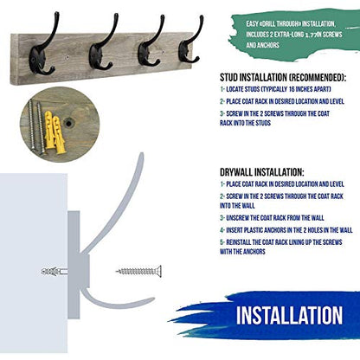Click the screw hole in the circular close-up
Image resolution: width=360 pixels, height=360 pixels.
click(x=68, y=124)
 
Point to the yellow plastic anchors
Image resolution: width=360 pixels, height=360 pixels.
click(x=55, y=132)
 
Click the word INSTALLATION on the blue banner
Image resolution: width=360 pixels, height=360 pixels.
click(x=289, y=315)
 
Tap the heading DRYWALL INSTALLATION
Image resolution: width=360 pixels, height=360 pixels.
click(x=262, y=172)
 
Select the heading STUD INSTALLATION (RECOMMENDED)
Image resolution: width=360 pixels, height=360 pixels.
click(x=283, y=77)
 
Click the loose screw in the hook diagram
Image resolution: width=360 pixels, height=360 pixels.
click(x=138, y=271)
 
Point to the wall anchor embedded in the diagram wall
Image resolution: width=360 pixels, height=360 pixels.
click(x=55, y=272)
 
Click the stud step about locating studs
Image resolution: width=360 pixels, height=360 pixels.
click(x=275, y=89)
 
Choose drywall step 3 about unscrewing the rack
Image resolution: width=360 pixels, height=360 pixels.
click(x=272, y=218)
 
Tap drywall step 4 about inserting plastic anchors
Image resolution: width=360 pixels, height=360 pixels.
click(x=286, y=230)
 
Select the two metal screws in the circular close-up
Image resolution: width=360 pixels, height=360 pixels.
click(x=36, y=126)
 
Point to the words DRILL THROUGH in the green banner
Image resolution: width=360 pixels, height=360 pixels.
click(x=280, y=24)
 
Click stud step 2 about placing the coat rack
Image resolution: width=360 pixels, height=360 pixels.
click(x=282, y=101)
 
